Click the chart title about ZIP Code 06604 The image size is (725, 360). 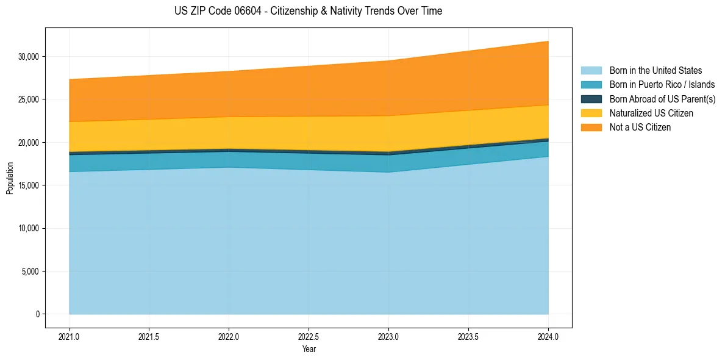pyautogui.click(x=308, y=11)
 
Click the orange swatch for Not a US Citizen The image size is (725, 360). pyautogui.click(x=591, y=128)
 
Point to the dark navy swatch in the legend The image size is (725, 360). pyautogui.click(x=591, y=99)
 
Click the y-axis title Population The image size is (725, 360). pyautogui.click(x=10, y=178)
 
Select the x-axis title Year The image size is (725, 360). pyautogui.click(x=309, y=350)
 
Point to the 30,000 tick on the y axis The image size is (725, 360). pyautogui.click(x=29, y=57)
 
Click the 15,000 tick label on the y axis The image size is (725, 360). pyautogui.click(x=29, y=185)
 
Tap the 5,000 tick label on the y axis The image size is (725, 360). pyautogui.click(x=30, y=272)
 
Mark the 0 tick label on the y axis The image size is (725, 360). pyautogui.click(x=37, y=314)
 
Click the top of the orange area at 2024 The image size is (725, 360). pyautogui.click(x=548, y=41)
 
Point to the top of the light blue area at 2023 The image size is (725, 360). pyautogui.click(x=388, y=172)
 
